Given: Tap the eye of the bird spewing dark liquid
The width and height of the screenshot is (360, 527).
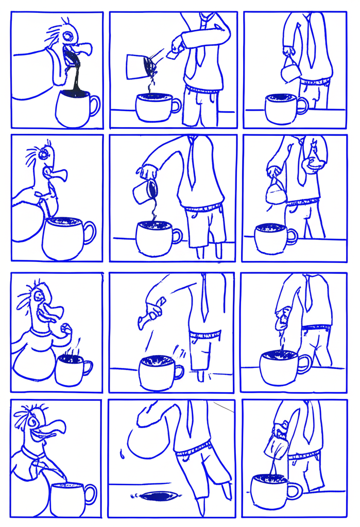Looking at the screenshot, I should [x=67, y=35].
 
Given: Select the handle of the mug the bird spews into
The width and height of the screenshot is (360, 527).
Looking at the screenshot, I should [x=94, y=105].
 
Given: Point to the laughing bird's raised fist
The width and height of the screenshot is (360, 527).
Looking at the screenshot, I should [x=65, y=328].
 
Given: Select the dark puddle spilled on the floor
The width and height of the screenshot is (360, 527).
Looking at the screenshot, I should [x=159, y=496].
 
